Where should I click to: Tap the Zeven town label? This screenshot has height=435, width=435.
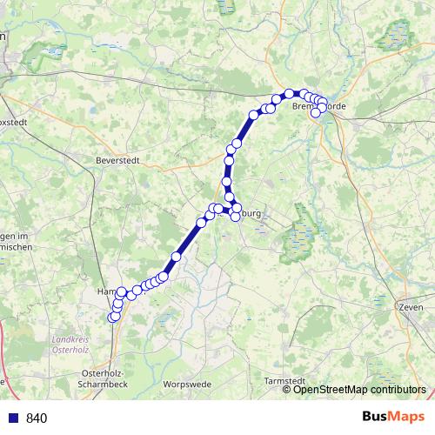coord(410,308)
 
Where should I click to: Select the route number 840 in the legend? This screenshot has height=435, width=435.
coord(37,418)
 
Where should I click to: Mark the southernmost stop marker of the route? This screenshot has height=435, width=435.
coord(111,318)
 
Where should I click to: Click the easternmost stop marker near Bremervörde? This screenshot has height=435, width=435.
coord(323,105)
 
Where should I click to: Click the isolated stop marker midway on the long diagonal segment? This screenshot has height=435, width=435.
coord(176,257)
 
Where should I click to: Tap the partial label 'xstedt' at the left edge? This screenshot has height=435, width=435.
coord(14,123)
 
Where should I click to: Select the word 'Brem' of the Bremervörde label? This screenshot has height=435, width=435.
coord(304,106)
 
